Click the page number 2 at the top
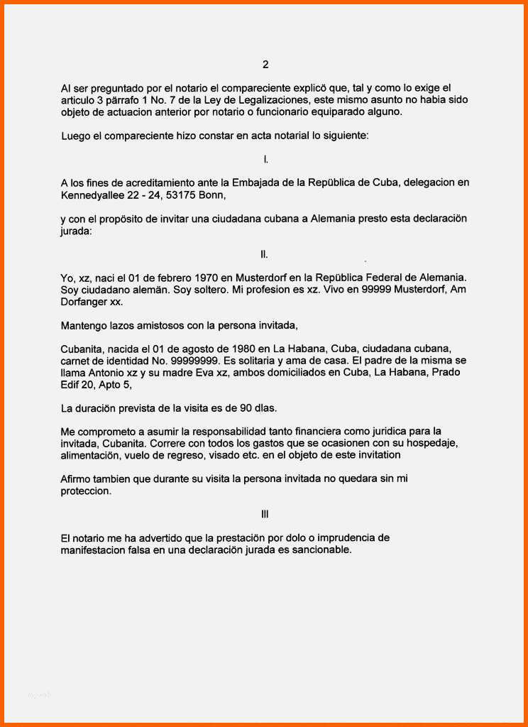[x=265, y=65]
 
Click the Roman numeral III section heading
[x=265, y=514]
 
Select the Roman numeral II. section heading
[x=265, y=253]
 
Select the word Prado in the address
[x=449, y=372]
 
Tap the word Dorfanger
[x=85, y=301]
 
